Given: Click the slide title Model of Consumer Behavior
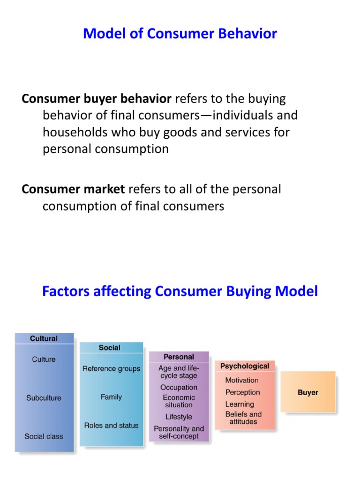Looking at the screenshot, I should pyautogui.click(x=180, y=34).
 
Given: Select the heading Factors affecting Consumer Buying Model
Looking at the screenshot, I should pyautogui.click(x=180, y=291).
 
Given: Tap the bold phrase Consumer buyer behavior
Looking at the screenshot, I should pyautogui.click(x=97, y=99).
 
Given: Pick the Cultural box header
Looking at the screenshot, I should pyautogui.click(x=44, y=338).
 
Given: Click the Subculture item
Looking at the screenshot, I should pyautogui.click(x=44, y=398).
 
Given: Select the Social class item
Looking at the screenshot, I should pyautogui.click(x=44, y=436).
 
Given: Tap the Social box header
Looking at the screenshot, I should pyautogui.click(x=109, y=348).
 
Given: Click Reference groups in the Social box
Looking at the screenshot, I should pyautogui.click(x=111, y=369).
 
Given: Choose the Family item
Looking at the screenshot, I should pyautogui.click(x=111, y=397).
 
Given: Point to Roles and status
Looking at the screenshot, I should pyautogui.click(x=111, y=426).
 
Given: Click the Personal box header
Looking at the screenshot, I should pyautogui.click(x=179, y=357).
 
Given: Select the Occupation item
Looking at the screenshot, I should pyautogui.click(x=179, y=388).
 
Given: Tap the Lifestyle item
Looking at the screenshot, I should pyautogui.click(x=179, y=417).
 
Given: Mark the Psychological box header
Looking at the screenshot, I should pyautogui.click(x=245, y=366).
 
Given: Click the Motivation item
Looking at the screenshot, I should pyautogui.click(x=242, y=380).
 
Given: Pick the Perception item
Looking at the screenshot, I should pyautogui.click(x=242, y=392).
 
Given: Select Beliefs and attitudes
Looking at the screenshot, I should pyautogui.click(x=243, y=418).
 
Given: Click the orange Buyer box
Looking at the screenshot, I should pyautogui.click(x=308, y=393).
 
